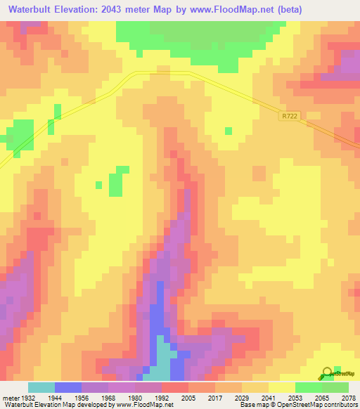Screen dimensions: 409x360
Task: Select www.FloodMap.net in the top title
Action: pos(271,10)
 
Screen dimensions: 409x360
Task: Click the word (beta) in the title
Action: pos(334,10)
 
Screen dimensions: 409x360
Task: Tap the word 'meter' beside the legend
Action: pos(11,397)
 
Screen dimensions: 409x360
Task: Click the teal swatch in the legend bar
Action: pos(41,387)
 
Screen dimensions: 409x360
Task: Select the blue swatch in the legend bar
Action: pos(67,387)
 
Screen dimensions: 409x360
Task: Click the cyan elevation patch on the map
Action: pos(162,358)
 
